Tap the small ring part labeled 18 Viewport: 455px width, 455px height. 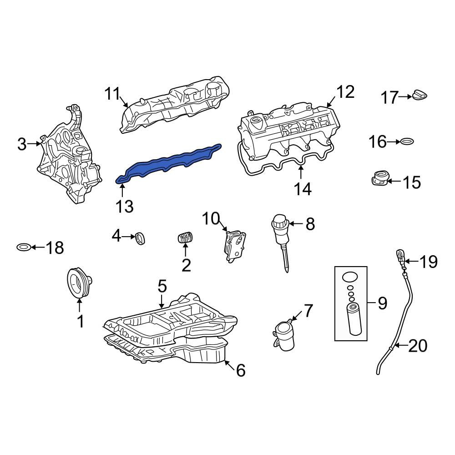pos(23,248)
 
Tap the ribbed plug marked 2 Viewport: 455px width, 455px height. pos(185,238)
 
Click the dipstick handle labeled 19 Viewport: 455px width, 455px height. pos(399,256)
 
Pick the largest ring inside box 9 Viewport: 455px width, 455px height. pos(350,277)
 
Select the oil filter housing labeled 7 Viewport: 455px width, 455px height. pos(284,335)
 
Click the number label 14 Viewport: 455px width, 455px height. pos(302,189)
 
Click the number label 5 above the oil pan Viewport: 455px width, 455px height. pos(162,287)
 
